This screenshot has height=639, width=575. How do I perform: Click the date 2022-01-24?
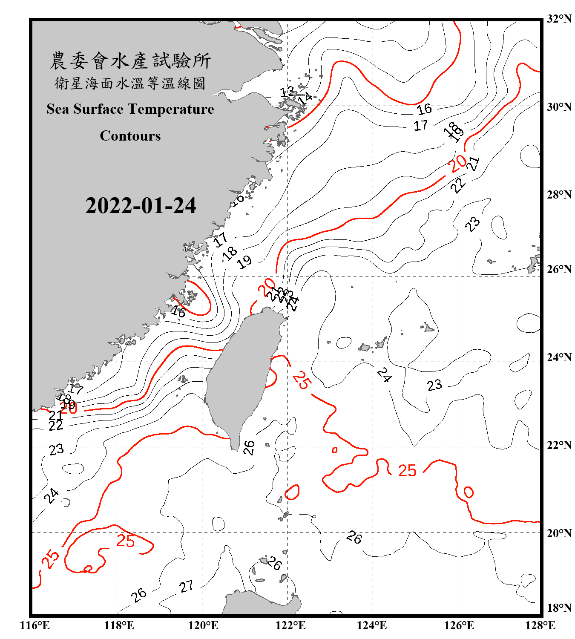coord(141,206)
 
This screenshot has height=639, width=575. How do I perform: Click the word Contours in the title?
coord(130,136)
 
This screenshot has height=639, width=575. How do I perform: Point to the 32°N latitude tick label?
coord(559,19)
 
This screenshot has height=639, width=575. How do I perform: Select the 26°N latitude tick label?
coord(559,269)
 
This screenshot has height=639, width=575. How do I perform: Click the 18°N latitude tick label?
coord(559,608)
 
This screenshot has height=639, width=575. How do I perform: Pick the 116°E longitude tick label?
coord(35,625)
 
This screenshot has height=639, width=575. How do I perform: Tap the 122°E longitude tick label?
coord(290,625)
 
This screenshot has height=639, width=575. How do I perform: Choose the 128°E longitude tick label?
coord(540,625)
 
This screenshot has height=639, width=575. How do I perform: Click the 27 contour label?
coord(186,587)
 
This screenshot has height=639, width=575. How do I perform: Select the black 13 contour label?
coord(287,91)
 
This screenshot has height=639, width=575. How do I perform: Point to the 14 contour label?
coord(305,99)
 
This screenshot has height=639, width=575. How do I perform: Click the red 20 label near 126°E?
coord(457,164)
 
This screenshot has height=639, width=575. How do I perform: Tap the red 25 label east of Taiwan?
coord(302,380)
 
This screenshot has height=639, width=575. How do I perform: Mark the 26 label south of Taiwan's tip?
coord(249,447)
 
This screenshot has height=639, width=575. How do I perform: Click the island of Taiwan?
coord(243,375)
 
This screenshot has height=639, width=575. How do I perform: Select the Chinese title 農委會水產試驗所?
coord(130,61)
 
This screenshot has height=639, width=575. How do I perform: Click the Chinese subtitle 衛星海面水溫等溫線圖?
coord(130,83)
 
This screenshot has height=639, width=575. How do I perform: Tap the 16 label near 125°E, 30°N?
coord(424,109)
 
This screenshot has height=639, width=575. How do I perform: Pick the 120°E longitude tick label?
coord(203,625)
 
